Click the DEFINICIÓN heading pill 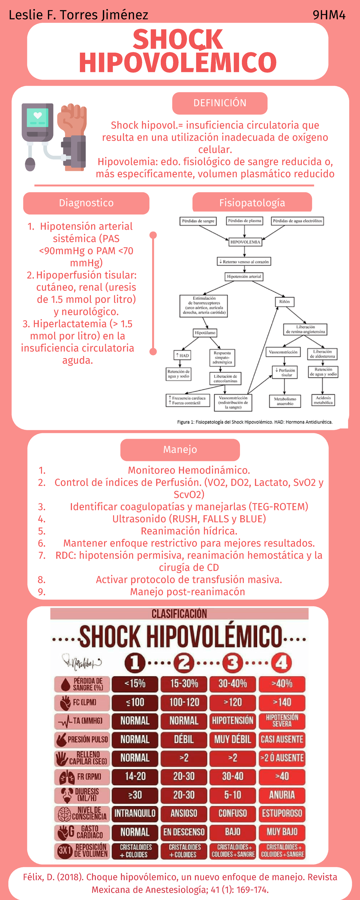(x=220, y=103)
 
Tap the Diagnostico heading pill (x=86, y=203)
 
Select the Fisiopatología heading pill (x=252, y=202)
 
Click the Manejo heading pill (x=180, y=450)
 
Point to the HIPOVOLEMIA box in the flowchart (x=245, y=242)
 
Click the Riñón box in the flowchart (x=284, y=301)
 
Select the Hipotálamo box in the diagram (x=205, y=333)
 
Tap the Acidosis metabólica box (x=323, y=400)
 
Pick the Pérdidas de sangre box (x=198, y=221)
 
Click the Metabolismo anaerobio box (x=285, y=401)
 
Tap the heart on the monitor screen (x=38, y=115)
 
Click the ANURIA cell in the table (x=282, y=795)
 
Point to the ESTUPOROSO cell (x=282, y=813)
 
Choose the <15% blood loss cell (x=135, y=683)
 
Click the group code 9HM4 (x=328, y=15)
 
